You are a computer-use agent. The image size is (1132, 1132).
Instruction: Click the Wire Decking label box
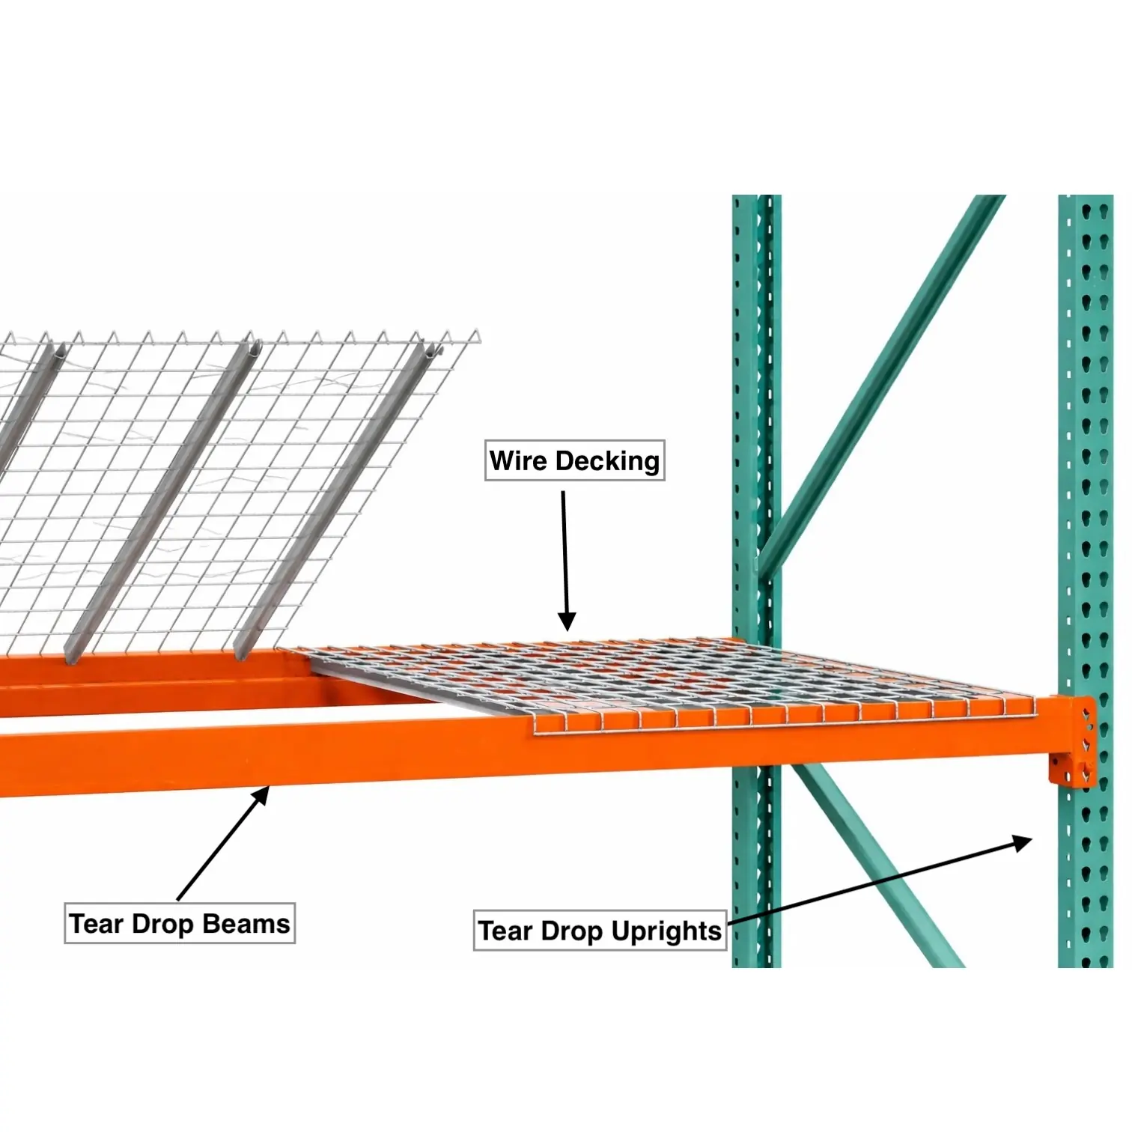pos(574,460)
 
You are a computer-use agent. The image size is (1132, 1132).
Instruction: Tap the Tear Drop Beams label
pos(180,923)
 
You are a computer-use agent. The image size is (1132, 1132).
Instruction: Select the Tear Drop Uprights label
pos(600,931)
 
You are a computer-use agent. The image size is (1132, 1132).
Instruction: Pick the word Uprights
pos(666,931)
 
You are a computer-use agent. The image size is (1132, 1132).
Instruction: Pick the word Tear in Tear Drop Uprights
pos(505,931)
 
